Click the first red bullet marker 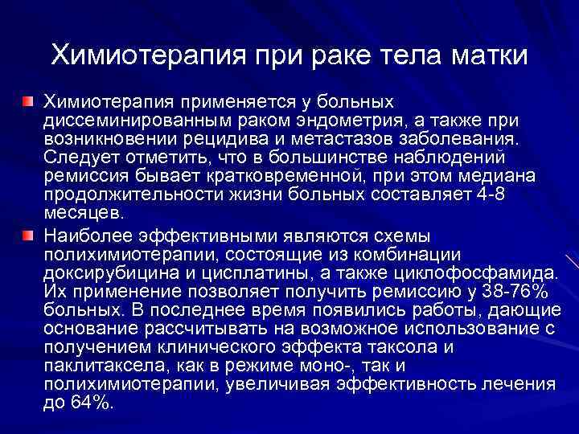(27, 104)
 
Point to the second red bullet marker (27, 235)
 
